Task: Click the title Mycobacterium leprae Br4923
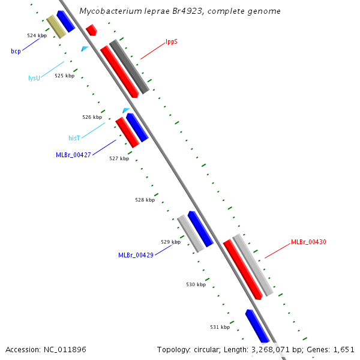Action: click(x=179, y=11)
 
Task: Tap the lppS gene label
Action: click(x=172, y=42)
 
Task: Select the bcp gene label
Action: click(x=16, y=52)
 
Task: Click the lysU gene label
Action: click(x=34, y=78)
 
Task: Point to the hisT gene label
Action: click(x=74, y=138)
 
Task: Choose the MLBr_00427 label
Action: click(x=73, y=155)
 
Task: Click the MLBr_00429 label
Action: click(x=136, y=255)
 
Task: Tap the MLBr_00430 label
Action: click(x=308, y=242)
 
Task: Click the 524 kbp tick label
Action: click(x=37, y=36)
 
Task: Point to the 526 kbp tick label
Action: click(x=92, y=117)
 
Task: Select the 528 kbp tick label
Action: click(x=145, y=200)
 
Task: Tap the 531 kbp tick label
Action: click(x=220, y=327)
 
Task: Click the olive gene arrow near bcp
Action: click(x=56, y=26)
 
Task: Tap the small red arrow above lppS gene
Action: click(x=91, y=29)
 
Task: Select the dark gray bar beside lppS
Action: click(x=129, y=67)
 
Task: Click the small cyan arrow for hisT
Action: click(x=125, y=110)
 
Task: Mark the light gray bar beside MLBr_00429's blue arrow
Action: click(x=191, y=233)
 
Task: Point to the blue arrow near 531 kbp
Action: click(x=257, y=326)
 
